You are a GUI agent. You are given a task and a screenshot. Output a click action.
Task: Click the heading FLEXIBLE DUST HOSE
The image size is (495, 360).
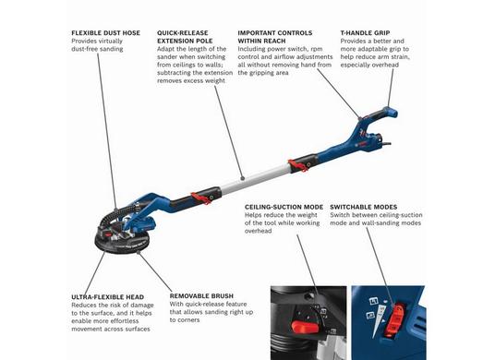point(106,33)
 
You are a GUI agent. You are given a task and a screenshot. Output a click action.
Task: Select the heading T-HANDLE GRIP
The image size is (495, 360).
point(365,33)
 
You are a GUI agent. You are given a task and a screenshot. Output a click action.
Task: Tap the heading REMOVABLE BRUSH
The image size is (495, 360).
point(201,296)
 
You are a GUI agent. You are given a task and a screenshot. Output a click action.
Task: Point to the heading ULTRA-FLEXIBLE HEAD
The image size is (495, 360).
point(108,297)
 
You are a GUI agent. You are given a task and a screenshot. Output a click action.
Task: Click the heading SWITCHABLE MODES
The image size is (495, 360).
point(364,207)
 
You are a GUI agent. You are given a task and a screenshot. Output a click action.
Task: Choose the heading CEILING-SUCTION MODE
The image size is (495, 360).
point(284,207)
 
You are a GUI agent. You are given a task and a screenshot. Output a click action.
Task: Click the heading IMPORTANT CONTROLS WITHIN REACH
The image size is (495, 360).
point(275,37)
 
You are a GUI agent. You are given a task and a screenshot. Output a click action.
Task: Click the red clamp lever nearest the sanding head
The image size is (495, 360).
point(201,198)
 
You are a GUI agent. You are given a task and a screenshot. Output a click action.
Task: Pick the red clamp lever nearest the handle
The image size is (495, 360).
point(298,165)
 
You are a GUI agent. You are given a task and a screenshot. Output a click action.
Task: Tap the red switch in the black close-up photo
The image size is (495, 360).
point(305,327)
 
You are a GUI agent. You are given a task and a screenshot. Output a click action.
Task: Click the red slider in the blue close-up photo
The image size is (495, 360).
point(396,319)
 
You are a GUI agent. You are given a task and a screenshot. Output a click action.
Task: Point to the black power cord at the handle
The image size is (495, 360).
point(386,144)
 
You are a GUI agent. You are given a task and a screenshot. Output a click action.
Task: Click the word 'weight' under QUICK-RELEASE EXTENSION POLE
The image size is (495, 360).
point(215,80)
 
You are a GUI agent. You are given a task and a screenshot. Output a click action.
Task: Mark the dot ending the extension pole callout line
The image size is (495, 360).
point(242,178)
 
